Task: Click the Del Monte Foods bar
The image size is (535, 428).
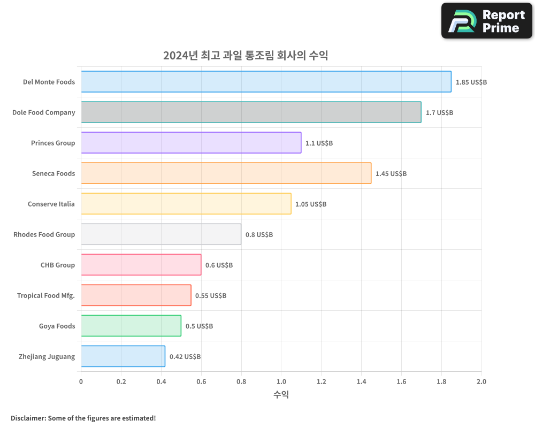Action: (266, 82)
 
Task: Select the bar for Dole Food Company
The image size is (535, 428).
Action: (251, 112)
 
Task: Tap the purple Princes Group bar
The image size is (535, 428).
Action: (191, 143)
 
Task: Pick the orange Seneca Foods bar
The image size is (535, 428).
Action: (226, 173)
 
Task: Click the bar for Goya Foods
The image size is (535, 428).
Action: (131, 326)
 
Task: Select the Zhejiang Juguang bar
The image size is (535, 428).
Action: (123, 356)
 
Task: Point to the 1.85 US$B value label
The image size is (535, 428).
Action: (471, 82)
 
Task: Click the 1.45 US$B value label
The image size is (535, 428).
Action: (391, 174)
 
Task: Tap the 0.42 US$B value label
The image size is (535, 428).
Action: (185, 357)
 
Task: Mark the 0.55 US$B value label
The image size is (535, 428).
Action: (210, 296)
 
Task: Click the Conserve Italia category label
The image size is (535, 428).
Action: (51, 204)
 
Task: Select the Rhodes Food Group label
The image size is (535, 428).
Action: (44, 234)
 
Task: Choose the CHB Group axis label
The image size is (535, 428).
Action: (58, 265)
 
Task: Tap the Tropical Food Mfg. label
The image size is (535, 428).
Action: (46, 295)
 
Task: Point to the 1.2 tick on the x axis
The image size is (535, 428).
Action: (321, 382)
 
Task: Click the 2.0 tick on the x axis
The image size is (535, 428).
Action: (481, 382)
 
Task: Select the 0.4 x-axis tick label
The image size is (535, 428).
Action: (161, 382)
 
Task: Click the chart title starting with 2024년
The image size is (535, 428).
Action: (245, 55)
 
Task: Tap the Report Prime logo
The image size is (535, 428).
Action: (487, 21)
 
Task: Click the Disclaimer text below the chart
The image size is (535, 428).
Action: (83, 418)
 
